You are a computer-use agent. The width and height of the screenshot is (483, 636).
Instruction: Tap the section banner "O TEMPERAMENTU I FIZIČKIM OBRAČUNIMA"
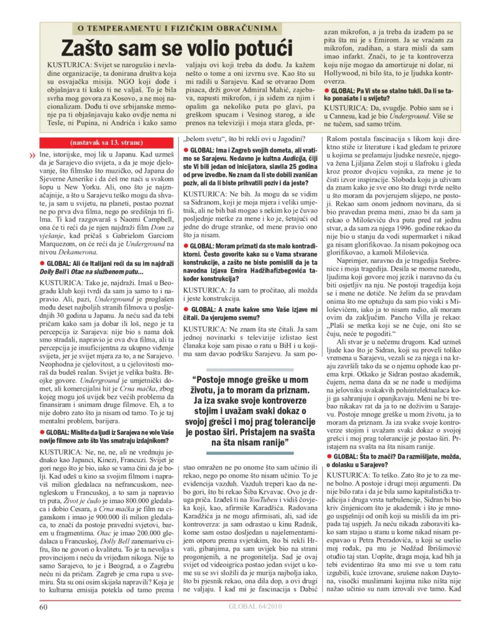coord(175,29)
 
